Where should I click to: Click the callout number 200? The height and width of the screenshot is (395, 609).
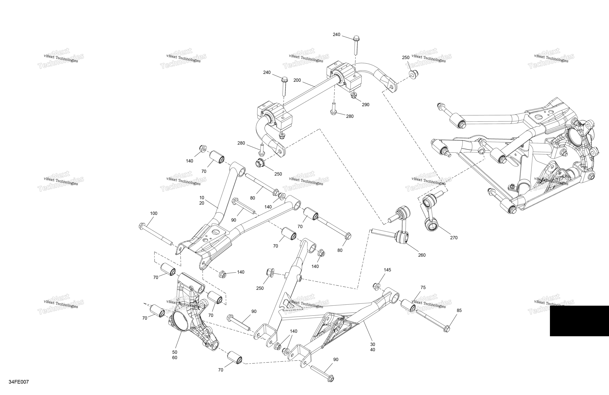(x=297, y=80)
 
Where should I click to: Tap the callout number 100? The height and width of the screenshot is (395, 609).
(x=153, y=213)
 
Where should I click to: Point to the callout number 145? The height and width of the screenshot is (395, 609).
(x=387, y=270)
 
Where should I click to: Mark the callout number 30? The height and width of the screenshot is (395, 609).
(x=373, y=344)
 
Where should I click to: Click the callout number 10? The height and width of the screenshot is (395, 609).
(x=202, y=198)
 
